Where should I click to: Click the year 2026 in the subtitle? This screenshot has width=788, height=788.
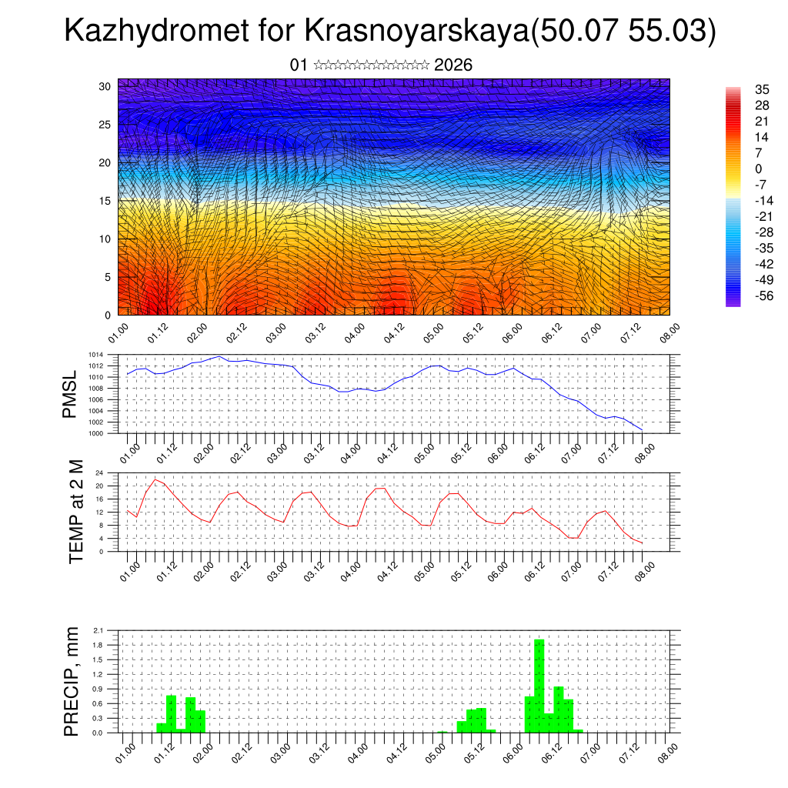tap(453, 65)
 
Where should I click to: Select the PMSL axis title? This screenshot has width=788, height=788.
tap(70, 395)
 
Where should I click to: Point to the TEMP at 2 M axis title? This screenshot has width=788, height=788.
tap(76, 511)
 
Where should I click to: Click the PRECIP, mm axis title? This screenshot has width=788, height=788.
tap(71, 681)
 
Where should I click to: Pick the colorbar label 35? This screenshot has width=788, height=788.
tap(763, 89)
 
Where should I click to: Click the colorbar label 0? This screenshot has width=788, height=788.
tap(759, 169)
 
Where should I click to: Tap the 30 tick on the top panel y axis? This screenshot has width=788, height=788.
tap(105, 86)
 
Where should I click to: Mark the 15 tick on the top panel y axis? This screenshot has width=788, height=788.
tap(105, 201)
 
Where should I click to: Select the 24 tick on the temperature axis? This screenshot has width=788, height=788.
tap(99, 472)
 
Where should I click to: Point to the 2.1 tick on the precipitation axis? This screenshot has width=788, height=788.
tap(98, 630)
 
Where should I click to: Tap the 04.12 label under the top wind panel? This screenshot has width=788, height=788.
tap(393, 332)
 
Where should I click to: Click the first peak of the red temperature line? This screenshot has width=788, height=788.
tap(155, 479)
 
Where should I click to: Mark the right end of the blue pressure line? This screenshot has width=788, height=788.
tap(642, 429)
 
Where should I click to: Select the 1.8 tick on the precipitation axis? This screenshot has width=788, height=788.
tap(98, 645)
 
